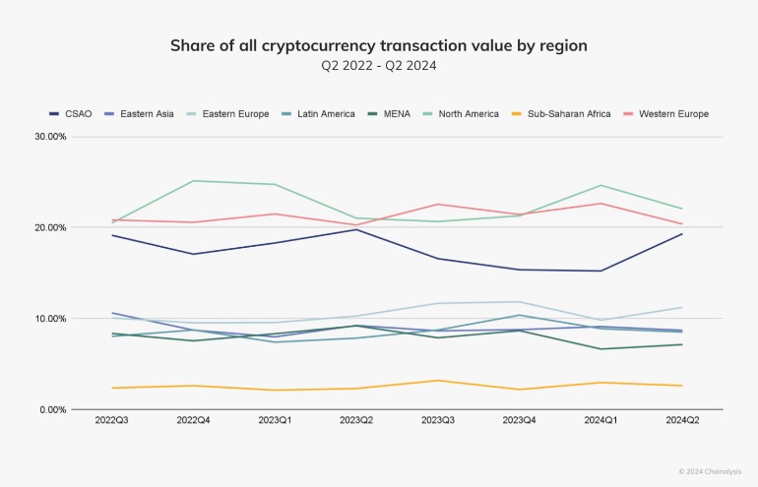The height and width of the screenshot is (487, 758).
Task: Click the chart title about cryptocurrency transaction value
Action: (x=379, y=45)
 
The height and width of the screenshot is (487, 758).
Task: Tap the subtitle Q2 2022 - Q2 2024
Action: (x=379, y=65)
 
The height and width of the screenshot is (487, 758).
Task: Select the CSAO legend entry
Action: (x=71, y=114)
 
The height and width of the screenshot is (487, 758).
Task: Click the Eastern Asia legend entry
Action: (x=139, y=114)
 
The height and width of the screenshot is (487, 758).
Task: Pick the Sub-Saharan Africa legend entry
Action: (x=561, y=114)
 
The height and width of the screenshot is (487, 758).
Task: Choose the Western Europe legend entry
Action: (x=666, y=114)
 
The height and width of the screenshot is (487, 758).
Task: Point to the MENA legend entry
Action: (x=389, y=114)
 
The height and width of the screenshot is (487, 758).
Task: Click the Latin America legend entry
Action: (x=319, y=114)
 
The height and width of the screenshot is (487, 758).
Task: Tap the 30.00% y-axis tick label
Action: (x=50, y=137)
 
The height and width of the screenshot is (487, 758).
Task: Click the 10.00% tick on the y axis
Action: (x=50, y=319)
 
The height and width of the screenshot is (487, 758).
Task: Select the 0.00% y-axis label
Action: (x=53, y=409)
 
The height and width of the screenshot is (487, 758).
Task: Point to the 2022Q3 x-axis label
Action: (x=111, y=420)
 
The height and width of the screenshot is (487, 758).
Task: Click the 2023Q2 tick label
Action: (x=356, y=420)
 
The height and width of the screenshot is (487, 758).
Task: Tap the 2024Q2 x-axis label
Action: (x=682, y=420)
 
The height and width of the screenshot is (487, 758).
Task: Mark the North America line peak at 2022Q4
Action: (x=193, y=181)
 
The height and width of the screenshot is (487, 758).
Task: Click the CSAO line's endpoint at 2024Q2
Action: (x=682, y=234)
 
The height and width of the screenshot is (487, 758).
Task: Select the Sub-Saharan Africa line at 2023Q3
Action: (x=438, y=380)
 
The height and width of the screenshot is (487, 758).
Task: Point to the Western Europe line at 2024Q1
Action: (x=600, y=203)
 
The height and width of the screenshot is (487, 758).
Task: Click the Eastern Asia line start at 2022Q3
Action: (x=112, y=313)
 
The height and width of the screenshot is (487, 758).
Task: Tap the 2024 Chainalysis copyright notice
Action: (x=710, y=471)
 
